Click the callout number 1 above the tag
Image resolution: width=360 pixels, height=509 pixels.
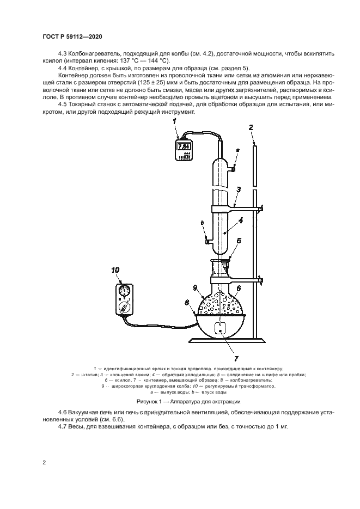(175, 122)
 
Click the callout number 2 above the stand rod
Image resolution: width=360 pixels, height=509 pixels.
(251, 127)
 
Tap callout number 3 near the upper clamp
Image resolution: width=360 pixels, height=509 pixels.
(239, 190)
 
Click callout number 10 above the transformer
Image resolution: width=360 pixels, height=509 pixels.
(114, 270)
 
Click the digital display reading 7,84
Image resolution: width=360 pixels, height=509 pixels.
(184, 146)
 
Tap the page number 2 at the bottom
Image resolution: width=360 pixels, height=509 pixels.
(44, 463)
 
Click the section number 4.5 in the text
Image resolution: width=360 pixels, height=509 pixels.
(62, 105)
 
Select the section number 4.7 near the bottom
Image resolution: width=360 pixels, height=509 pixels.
(62, 426)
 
